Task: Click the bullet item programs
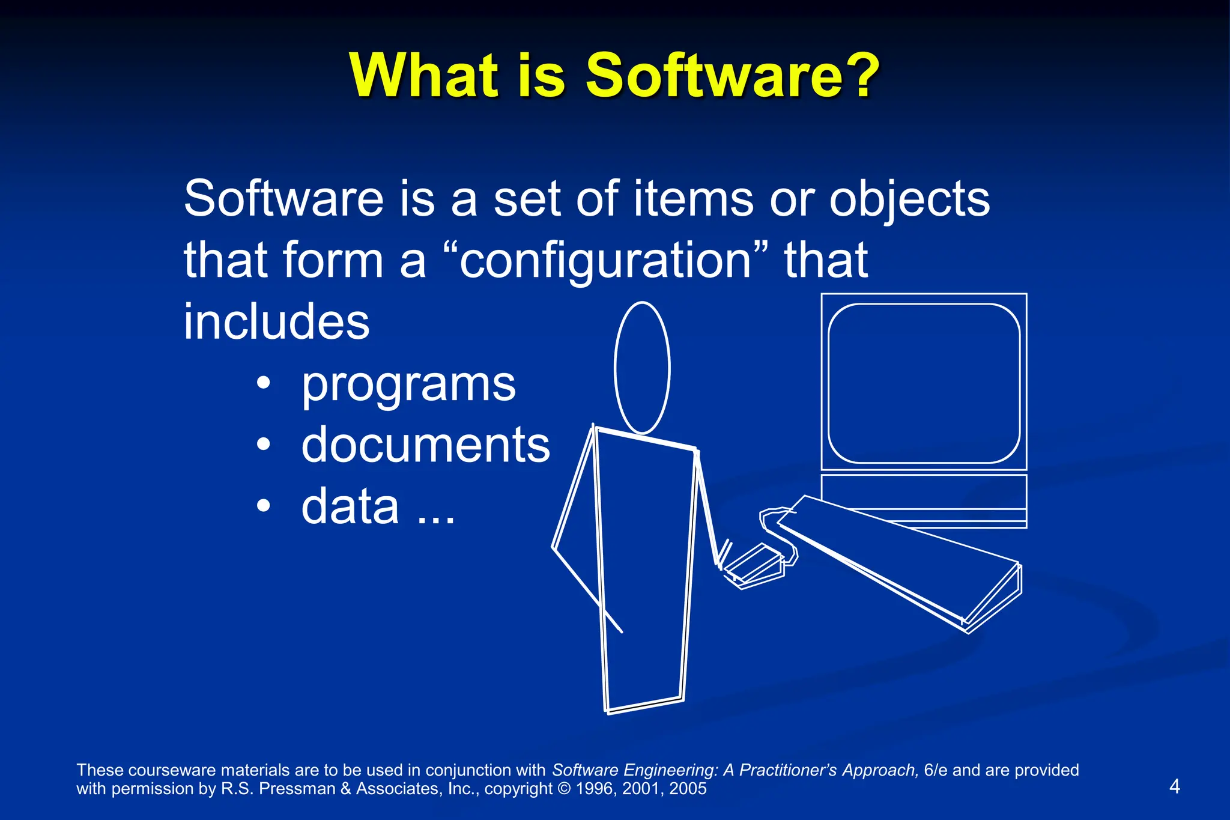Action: (408, 384)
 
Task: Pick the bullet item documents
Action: (425, 445)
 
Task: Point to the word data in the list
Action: (350, 506)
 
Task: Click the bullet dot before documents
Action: (263, 445)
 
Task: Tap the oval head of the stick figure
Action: (642, 368)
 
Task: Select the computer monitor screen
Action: (924, 383)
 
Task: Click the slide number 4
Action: (1175, 786)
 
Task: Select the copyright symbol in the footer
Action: (564, 789)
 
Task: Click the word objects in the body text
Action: (909, 199)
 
